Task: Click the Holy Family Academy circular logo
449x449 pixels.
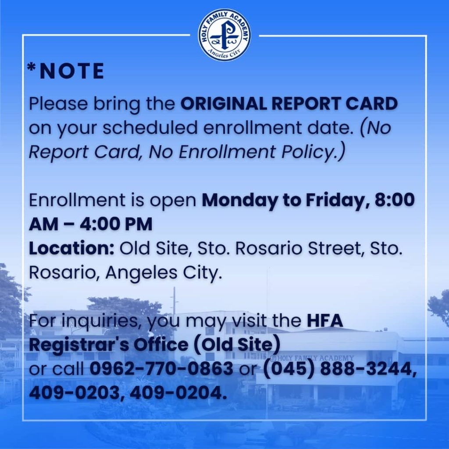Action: pos(225,35)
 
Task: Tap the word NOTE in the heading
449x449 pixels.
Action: pos(72,71)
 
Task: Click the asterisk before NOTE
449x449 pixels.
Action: pos(32,68)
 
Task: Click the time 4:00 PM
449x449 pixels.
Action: pos(116,224)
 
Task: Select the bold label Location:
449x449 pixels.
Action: pos(71,248)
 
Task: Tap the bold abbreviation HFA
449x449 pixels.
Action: pos(325,321)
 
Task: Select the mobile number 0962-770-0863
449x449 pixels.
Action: pos(161,368)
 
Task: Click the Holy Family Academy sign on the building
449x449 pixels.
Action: pos(312,358)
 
